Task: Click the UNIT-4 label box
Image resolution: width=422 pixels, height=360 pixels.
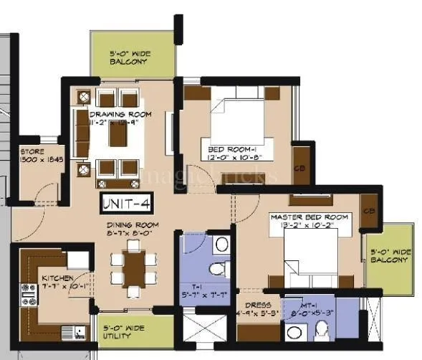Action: click(x=127, y=203)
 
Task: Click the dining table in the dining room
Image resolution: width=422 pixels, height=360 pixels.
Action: click(x=133, y=268)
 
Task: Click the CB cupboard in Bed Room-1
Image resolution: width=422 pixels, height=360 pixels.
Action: click(x=302, y=169)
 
